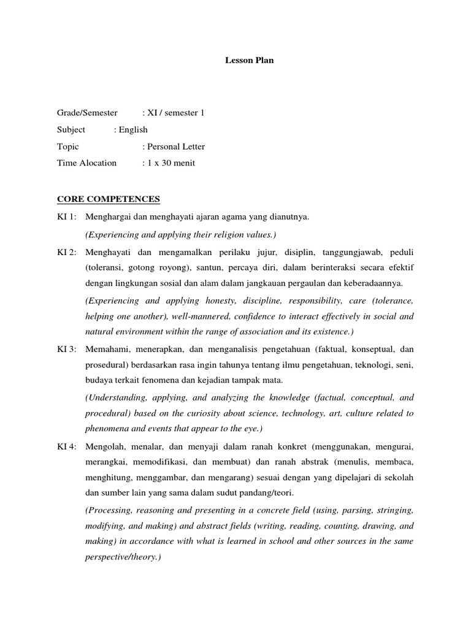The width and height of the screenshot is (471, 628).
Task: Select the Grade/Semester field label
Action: pyautogui.click(x=87, y=113)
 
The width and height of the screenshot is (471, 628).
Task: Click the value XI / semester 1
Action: pyautogui.click(x=174, y=113)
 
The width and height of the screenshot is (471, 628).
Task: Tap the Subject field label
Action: pyautogui.click(x=71, y=129)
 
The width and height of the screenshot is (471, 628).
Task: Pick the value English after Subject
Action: pyautogui.click(x=131, y=129)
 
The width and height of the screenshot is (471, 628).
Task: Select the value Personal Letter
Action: pyautogui.click(x=174, y=147)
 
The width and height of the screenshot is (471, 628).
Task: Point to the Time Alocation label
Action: pyautogui.click(x=86, y=163)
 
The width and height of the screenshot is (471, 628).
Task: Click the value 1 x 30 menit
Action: pyautogui.click(x=169, y=163)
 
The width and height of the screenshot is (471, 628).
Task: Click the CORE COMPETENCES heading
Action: pyautogui.click(x=109, y=199)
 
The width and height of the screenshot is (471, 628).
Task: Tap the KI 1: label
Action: pyautogui.click(x=67, y=217)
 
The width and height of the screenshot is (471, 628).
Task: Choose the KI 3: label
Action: pyautogui.click(x=67, y=349)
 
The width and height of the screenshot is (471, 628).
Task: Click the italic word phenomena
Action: pyautogui.click(x=107, y=429)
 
